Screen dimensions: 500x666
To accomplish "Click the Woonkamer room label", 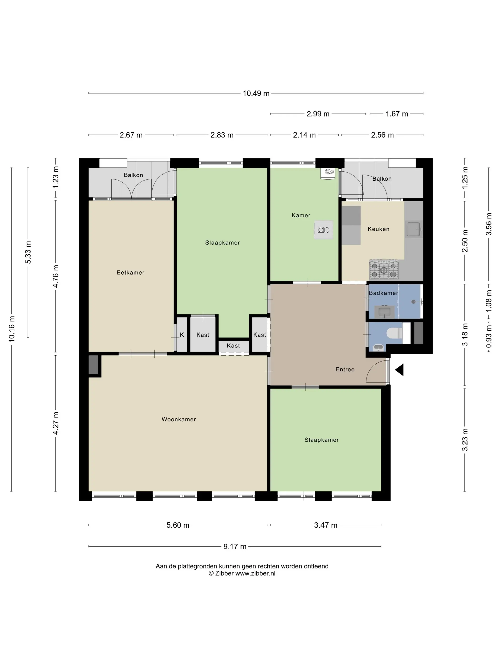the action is [179, 419].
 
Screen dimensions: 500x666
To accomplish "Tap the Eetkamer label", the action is [130, 273].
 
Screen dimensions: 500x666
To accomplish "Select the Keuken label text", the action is [379, 229].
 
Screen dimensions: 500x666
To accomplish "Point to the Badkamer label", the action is [383, 293].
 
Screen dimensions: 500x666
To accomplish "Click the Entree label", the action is [345, 369].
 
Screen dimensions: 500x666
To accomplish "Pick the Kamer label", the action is [301, 215].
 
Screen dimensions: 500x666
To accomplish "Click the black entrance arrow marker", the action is [399, 370].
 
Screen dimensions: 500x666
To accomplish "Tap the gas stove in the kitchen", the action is [384, 269].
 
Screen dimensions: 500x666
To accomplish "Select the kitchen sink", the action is [414, 230].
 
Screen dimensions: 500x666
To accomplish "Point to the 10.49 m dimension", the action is [256, 93].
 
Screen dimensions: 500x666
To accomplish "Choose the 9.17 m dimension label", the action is [235, 546].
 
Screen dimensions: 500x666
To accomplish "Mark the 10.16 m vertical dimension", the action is [11, 329].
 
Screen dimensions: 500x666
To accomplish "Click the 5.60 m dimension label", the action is [178, 525].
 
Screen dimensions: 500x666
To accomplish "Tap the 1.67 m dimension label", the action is [397, 114].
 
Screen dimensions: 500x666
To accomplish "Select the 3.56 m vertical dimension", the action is [489, 224].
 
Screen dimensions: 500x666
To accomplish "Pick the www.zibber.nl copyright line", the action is [242, 573].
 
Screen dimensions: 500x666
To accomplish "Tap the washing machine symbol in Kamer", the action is [323, 230].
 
